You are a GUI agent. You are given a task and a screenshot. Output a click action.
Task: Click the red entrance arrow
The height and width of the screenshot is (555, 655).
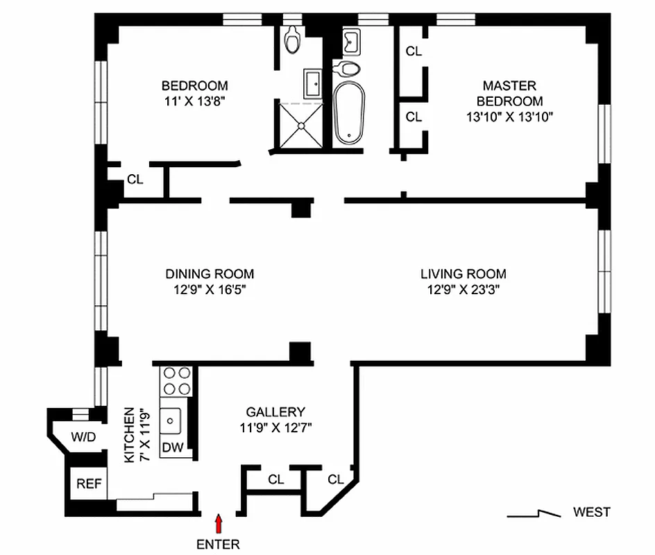[x=219, y=522]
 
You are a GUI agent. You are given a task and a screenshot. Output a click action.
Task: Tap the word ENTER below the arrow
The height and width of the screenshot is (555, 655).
[x=219, y=544]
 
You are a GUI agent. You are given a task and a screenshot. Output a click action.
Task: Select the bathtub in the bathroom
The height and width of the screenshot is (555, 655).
[x=348, y=114]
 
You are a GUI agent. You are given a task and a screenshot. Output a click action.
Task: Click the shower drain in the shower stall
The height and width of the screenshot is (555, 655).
[x=302, y=126]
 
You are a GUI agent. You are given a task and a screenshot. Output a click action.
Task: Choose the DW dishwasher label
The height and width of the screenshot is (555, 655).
[x=173, y=448]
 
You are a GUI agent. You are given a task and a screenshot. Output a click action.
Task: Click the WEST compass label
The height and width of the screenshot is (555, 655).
[x=591, y=513]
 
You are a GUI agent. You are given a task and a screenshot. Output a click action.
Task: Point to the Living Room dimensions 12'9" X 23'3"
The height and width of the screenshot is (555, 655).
[x=463, y=291]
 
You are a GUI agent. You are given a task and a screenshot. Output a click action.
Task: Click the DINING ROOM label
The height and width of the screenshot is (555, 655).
[x=210, y=274]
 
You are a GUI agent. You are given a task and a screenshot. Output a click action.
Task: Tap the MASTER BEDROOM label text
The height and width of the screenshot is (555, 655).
[x=509, y=93]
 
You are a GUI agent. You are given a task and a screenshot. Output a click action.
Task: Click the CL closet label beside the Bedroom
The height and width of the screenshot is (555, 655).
[x=135, y=180]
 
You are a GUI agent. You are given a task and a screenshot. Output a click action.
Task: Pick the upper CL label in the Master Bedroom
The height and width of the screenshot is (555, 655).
[x=414, y=51]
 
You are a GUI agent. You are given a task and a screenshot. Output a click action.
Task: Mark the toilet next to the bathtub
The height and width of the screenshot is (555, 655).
[x=347, y=68]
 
